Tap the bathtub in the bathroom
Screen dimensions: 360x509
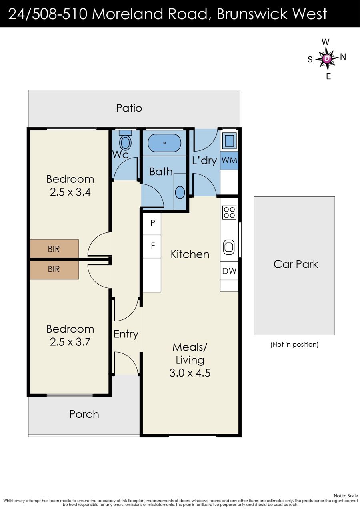pos(164,143)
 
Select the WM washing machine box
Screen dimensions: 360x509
pos(229,160)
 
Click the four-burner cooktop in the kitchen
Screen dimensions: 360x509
pos(229,212)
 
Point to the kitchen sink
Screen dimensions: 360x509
pos(229,247)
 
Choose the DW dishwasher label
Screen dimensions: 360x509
pos(229,271)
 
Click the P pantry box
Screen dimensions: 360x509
pos(152,224)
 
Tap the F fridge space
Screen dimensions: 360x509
pos(152,246)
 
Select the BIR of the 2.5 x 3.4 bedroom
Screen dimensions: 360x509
pos(54,248)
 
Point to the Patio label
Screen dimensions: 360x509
pos(129,108)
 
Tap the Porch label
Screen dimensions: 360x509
pos(84,414)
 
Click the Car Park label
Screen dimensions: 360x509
pos(296,264)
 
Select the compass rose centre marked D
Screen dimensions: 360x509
pos(327,59)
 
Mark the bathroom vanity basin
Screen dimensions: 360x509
pos(180,192)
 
